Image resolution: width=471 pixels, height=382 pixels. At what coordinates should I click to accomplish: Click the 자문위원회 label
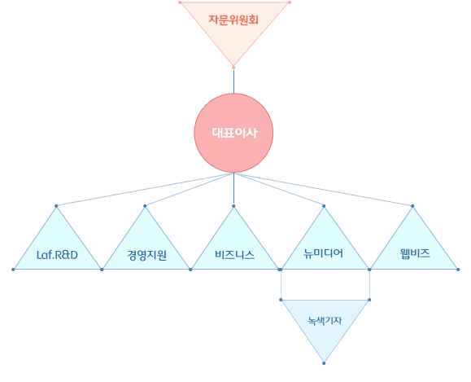point(233,20)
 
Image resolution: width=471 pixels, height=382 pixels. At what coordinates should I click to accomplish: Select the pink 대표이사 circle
point(233,133)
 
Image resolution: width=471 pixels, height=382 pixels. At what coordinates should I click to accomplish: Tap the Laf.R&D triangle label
point(57,255)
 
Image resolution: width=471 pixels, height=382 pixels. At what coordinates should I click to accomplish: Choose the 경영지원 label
point(146,256)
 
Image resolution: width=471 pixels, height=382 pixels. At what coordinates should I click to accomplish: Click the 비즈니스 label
point(234,255)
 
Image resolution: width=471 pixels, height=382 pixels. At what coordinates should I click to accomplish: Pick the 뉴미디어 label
point(323,253)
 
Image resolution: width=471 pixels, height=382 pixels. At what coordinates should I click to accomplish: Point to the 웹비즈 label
point(415,253)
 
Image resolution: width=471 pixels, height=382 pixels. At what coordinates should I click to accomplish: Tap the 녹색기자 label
point(325,321)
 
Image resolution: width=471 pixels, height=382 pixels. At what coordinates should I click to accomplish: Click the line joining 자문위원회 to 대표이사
point(233,81)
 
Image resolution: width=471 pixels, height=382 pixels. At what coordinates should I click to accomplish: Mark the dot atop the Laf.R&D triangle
point(56,206)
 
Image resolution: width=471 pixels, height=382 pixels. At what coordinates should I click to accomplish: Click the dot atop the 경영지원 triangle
point(145,206)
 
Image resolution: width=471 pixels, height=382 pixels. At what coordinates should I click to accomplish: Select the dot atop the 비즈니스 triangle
point(233,206)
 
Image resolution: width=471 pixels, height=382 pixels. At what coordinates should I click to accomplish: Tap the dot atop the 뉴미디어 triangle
point(324,206)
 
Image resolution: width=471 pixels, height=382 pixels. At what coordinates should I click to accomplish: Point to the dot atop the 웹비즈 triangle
point(412,206)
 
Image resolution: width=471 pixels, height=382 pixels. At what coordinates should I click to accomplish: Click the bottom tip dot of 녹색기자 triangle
point(324,363)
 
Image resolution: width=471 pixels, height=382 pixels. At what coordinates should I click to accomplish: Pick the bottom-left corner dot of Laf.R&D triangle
point(13,270)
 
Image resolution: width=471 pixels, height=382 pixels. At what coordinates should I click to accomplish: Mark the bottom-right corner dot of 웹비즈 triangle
point(458,270)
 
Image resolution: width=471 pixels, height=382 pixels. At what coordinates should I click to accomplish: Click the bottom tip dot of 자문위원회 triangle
point(233,68)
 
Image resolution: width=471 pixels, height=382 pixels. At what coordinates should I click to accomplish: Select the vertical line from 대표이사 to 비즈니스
point(233,189)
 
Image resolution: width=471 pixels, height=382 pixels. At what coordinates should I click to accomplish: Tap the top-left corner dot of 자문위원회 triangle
point(180,2)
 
